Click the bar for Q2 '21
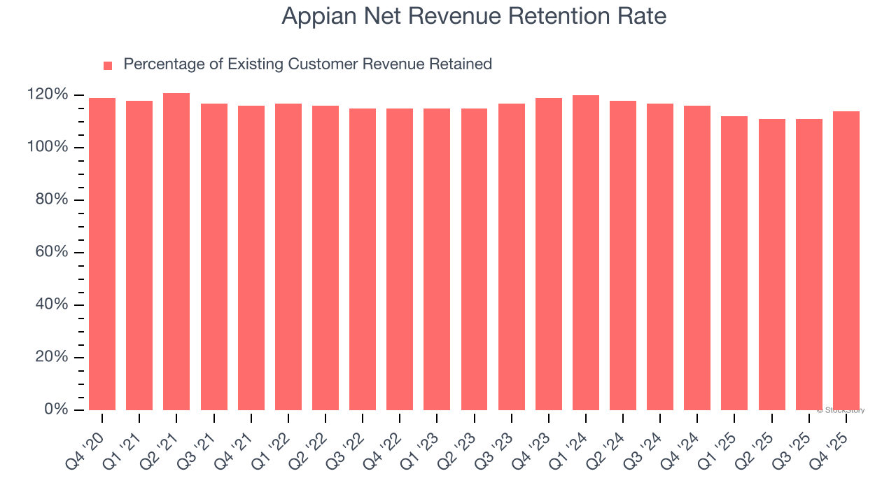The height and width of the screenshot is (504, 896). (x=176, y=252)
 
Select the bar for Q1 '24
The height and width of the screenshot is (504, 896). (x=586, y=252)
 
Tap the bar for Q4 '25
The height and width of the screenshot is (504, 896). (x=846, y=260)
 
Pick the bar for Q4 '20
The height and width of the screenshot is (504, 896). (x=102, y=253)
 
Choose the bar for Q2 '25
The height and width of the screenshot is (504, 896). (x=772, y=265)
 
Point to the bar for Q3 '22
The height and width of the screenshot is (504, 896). (x=363, y=259)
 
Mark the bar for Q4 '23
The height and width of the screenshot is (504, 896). (x=549, y=253)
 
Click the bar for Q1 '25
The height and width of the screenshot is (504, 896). (x=734, y=263)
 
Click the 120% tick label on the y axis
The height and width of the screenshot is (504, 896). (x=48, y=94)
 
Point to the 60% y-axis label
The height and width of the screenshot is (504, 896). (x=51, y=252)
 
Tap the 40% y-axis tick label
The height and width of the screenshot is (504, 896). (x=51, y=304)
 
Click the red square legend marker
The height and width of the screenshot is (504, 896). (x=108, y=66)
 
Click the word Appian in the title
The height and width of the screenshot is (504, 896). (x=309, y=16)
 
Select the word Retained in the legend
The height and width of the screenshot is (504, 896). (x=461, y=64)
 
